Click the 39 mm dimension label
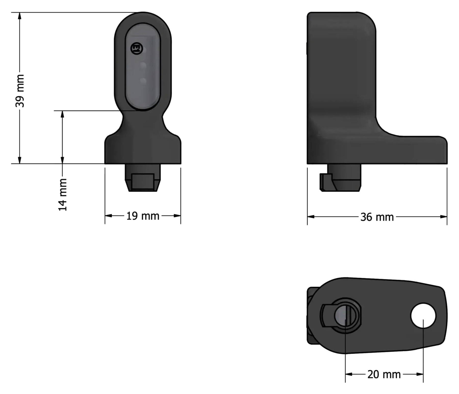tap(20, 91)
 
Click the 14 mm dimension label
tap(63, 195)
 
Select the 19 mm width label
tap(143, 216)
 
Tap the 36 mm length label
tap(377, 217)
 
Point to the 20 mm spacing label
tap(384, 374)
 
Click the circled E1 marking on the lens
tap(137, 48)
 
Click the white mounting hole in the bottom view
tap(423, 316)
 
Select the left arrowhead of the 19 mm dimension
tap(108, 216)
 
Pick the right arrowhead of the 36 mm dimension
tap(443, 217)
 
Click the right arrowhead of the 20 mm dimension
tap(420, 374)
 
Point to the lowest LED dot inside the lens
tap(143, 81)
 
